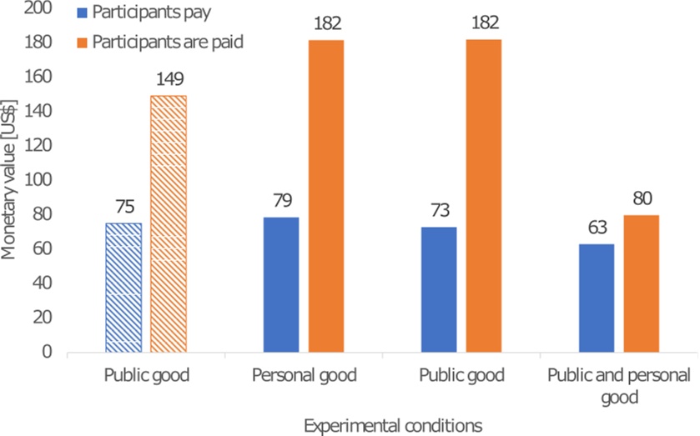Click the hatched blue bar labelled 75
[x=123, y=287]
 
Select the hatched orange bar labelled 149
[x=169, y=223]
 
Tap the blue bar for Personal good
[x=281, y=284]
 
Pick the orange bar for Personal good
[x=326, y=196]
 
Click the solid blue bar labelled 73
[x=439, y=289]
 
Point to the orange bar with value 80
[x=642, y=283]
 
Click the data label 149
[x=169, y=80]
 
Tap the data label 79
[x=281, y=201]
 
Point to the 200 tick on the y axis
[x=40, y=8]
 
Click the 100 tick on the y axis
[x=40, y=179]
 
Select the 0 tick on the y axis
[x=48, y=352]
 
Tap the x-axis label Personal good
[x=304, y=376]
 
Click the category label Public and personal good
[x=618, y=386]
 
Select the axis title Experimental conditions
[x=393, y=425]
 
